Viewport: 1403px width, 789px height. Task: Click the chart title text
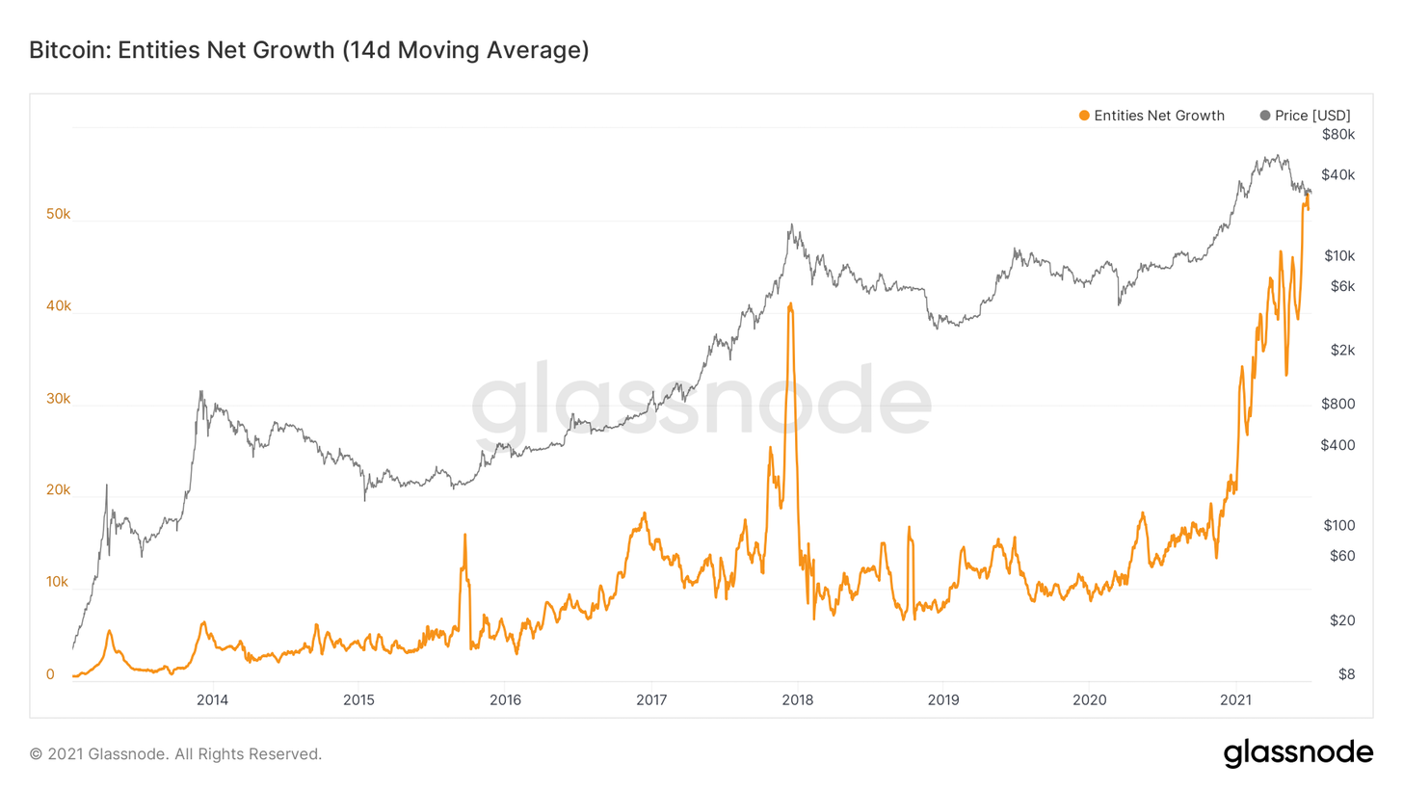[308, 50]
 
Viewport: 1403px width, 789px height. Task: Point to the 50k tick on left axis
[58, 214]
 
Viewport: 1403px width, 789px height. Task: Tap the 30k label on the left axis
[58, 399]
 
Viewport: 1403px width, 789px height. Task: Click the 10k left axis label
[58, 583]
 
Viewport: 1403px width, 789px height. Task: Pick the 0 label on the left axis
[50, 674]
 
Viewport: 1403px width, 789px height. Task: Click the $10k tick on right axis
[1339, 255]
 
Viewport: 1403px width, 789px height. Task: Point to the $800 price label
[1339, 404]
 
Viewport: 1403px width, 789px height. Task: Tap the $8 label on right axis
[1344, 674]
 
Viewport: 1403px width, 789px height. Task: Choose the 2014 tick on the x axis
[212, 699]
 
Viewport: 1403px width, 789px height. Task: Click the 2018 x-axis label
[797, 699]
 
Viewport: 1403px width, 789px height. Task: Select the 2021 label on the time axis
[1236, 699]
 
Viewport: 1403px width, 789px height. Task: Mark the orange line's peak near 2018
[791, 303]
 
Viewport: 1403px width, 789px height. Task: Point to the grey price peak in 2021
[1276, 155]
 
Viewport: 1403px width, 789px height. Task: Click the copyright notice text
[175, 753]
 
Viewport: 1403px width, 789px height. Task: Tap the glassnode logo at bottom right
[1298, 752]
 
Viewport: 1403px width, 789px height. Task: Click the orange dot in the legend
[1084, 116]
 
